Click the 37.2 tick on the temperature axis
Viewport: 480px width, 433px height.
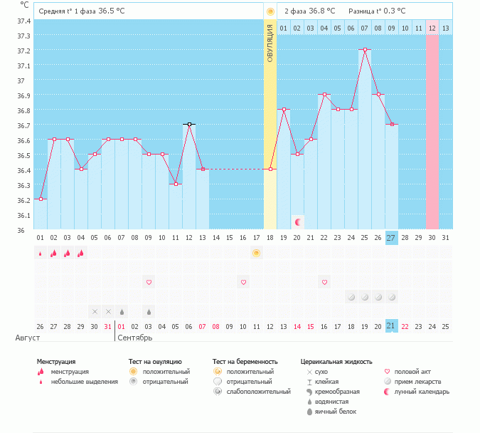[24, 51]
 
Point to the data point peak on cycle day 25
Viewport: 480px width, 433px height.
[365, 50]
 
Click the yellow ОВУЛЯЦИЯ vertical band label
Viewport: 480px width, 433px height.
[270, 43]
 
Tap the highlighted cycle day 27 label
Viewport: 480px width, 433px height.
[391, 237]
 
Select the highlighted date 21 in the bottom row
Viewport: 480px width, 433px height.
[391, 325]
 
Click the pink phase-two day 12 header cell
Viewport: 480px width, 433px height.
[432, 28]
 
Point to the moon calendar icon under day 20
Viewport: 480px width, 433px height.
[298, 222]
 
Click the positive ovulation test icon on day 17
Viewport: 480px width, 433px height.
[257, 253]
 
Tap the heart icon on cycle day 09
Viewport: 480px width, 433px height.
[149, 282]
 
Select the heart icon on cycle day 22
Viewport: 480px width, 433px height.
[324, 282]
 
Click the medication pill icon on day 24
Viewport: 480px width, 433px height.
[351, 296]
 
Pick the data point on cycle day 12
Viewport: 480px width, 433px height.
[189, 125]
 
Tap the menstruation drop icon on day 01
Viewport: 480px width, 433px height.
[41, 253]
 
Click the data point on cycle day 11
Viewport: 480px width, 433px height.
[176, 184]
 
